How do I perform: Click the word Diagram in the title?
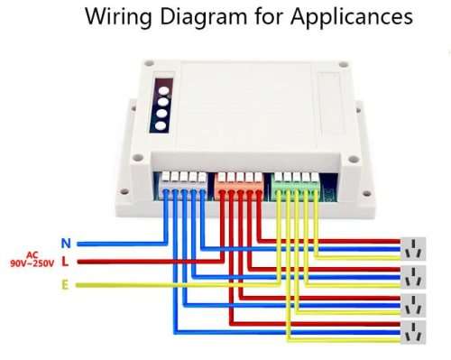click(x=199, y=17)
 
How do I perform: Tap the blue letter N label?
click(x=65, y=243)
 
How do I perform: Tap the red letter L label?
click(x=65, y=263)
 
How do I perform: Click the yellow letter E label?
click(x=65, y=284)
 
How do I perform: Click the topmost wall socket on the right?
click(x=414, y=247)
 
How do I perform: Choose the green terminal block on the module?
click(x=295, y=184)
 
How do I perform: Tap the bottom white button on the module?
click(x=161, y=126)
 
